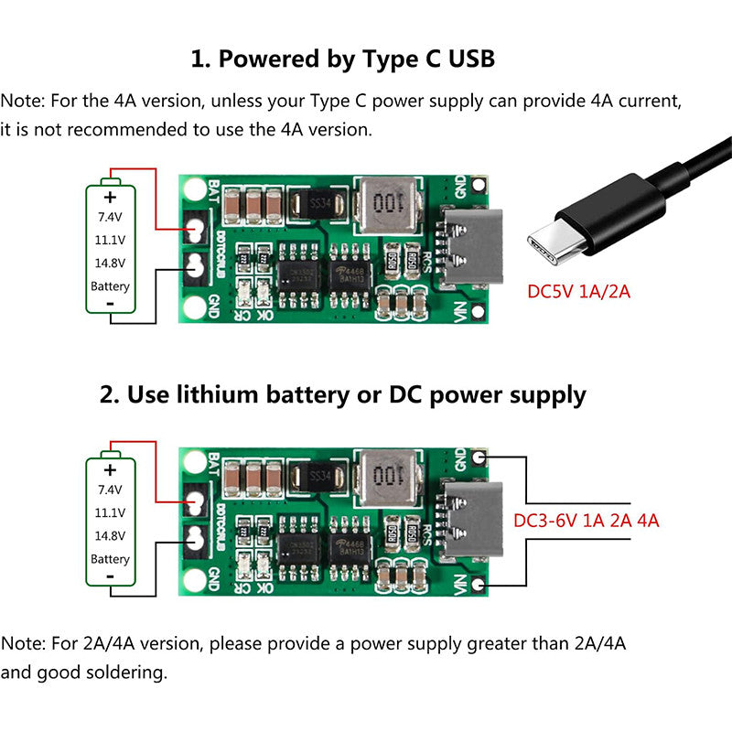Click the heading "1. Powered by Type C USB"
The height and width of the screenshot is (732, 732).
point(342,59)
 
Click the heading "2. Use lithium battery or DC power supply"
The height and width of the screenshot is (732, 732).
point(342,395)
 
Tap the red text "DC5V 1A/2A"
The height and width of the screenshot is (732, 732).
point(578,293)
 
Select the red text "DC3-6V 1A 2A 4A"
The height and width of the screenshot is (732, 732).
point(586,520)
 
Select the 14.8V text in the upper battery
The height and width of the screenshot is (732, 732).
point(110,264)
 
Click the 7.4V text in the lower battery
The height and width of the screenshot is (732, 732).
point(110,490)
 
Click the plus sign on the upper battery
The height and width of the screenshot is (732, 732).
point(111,197)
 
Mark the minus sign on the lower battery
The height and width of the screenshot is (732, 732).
point(111,576)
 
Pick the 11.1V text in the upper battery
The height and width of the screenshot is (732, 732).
point(110,241)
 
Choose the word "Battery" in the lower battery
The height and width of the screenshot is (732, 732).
point(110,558)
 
